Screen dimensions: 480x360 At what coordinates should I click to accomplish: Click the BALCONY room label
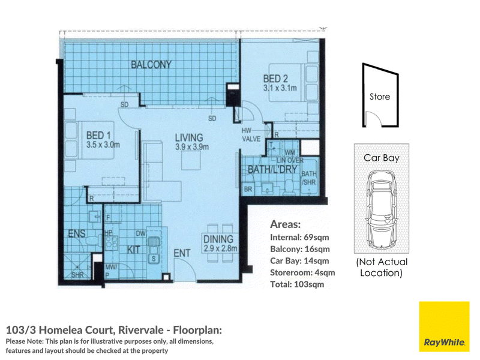click(151, 65)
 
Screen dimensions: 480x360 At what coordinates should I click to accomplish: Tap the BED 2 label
click(275, 79)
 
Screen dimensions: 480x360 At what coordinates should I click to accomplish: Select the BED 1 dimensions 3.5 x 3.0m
click(103, 145)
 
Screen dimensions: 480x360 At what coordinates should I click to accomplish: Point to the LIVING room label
click(189, 137)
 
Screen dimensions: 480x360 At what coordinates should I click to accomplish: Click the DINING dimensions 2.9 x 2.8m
click(220, 248)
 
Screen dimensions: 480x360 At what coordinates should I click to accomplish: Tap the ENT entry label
click(182, 253)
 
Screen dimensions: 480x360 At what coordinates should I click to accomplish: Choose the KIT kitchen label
click(133, 250)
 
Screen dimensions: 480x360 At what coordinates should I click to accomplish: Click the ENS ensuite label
click(77, 233)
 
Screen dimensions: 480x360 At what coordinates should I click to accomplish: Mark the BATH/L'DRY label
click(272, 169)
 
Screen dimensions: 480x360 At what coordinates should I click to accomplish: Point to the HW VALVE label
click(251, 134)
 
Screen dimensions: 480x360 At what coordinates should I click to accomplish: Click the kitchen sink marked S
click(154, 259)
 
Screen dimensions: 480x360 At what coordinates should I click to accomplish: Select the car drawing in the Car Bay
click(381, 209)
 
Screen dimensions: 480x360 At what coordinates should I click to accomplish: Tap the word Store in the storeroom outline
click(380, 97)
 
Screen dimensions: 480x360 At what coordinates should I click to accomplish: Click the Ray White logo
click(444, 326)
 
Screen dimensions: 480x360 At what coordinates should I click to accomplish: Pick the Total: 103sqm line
click(297, 284)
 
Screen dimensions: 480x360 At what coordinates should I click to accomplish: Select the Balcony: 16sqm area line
click(300, 249)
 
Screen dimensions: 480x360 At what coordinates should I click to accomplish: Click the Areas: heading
click(286, 224)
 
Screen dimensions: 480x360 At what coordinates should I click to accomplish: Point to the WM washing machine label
click(290, 152)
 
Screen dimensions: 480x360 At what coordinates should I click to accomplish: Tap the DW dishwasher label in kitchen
click(140, 233)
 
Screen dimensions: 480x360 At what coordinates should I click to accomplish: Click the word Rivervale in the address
click(141, 330)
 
